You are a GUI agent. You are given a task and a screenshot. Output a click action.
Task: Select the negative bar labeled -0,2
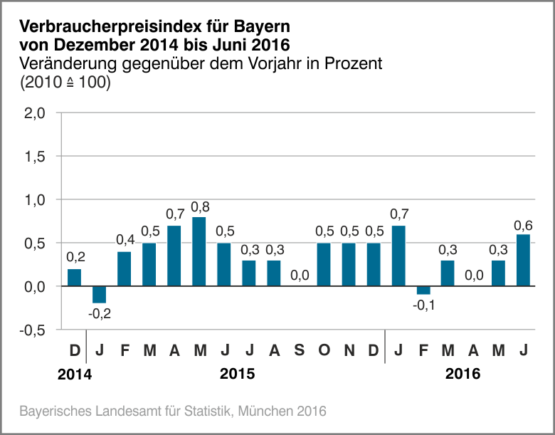tap(99, 295)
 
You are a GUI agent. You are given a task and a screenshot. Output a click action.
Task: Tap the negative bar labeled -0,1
tap(423, 290)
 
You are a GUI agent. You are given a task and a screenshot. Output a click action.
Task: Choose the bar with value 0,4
tap(124, 269)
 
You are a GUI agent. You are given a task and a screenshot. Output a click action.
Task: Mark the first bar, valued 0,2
tap(74, 278)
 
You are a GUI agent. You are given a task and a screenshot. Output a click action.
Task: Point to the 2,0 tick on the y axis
tap(35, 112)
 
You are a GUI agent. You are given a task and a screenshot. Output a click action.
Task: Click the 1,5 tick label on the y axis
tap(35, 156)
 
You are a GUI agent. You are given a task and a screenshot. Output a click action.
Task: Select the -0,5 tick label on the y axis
tap(33, 330)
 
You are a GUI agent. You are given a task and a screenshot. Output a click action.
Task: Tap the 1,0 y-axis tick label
tap(35, 200)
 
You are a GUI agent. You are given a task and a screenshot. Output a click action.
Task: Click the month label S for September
tap(299, 351)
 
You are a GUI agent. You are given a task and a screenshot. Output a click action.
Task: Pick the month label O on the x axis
tap(324, 351)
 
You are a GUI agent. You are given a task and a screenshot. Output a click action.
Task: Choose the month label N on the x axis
tap(349, 351)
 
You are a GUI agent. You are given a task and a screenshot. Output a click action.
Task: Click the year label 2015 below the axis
tap(237, 374)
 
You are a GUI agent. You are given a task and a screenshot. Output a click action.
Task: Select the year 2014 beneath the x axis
tap(75, 374)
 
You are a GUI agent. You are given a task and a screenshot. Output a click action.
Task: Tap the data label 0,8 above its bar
tap(200, 207)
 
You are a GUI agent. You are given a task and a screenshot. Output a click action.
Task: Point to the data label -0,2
tap(99, 313)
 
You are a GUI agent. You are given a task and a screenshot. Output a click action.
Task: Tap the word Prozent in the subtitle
tap(353, 63)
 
